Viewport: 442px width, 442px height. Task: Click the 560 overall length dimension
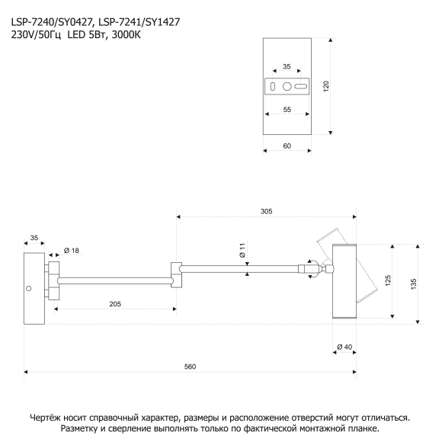pos(190,367)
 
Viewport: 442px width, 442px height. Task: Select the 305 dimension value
pos(267,211)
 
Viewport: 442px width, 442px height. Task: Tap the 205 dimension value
pos(115,304)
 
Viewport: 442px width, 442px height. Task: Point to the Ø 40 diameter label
pos(344,347)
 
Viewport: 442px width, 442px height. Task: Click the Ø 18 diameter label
pos(72,250)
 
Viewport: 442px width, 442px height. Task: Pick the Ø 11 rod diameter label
pos(242,250)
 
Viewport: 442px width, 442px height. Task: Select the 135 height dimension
pos(413,284)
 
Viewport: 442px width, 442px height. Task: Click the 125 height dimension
pos(388,281)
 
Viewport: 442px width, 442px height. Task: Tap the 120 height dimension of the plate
pos(326,86)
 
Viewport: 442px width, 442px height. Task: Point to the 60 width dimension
pos(287,146)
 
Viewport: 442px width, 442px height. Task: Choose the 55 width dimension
pos(287,110)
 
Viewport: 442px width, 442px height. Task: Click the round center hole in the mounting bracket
pos(287,87)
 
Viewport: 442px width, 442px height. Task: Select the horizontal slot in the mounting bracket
pos(301,87)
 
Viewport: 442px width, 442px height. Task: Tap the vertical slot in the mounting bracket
pos(273,87)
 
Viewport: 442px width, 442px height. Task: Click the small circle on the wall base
pos(28,288)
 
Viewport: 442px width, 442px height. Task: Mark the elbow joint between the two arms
pos(176,275)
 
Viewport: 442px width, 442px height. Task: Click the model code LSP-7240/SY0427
pos(52,22)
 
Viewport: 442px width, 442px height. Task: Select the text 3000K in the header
pos(126,35)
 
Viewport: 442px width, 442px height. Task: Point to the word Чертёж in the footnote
pos(45,418)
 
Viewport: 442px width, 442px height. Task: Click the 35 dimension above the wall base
pos(34,238)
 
